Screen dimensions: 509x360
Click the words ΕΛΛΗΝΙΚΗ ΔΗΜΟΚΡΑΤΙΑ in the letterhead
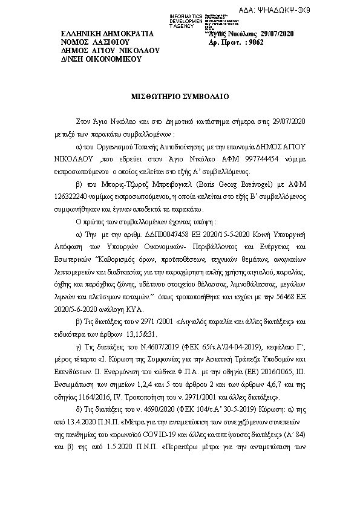[x=108, y=33]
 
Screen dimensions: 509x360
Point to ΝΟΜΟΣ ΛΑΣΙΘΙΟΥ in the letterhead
[x=96, y=42]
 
